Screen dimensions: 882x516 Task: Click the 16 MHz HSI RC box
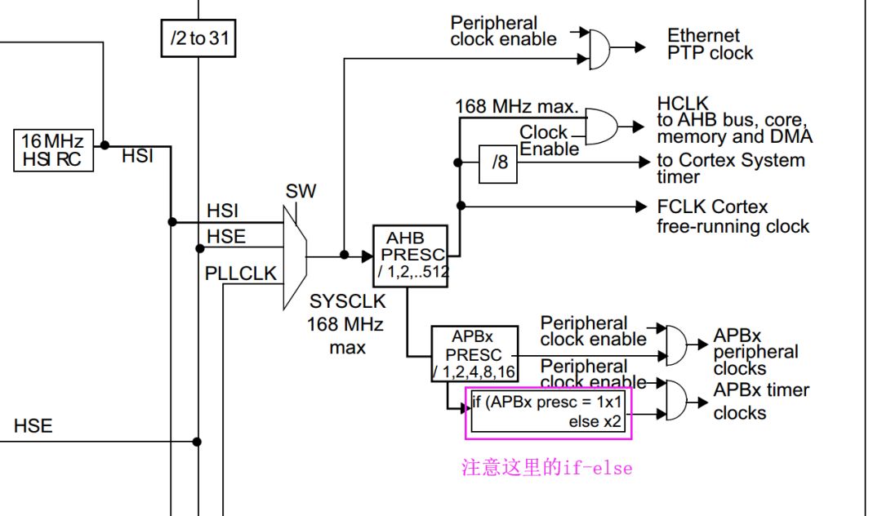pos(53,150)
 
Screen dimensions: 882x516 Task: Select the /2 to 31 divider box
pos(198,38)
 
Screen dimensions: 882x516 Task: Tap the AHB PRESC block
pos(411,256)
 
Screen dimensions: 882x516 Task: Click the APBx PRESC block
pos(474,354)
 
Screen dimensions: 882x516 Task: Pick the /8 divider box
pos(498,164)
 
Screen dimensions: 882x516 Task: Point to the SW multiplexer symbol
pos(295,257)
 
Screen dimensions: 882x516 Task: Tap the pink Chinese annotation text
pos(546,468)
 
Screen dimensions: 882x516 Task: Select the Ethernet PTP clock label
pos(710,44)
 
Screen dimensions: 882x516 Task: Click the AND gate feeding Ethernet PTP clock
pos(599,50)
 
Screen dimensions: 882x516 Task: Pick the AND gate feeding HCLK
pos(601,127)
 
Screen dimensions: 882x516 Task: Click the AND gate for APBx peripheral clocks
pos(676,345)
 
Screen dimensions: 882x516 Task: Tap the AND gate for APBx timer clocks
pos(676,401)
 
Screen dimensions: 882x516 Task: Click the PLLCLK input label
pos(241,274)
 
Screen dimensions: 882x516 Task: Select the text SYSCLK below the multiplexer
pos(348,301)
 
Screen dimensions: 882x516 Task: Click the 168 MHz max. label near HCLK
pos(516,106)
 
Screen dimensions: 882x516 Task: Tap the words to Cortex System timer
pos(731,168)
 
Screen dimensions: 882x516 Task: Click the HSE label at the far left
pos(33,425)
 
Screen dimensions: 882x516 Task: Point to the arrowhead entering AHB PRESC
pos(367,256)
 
